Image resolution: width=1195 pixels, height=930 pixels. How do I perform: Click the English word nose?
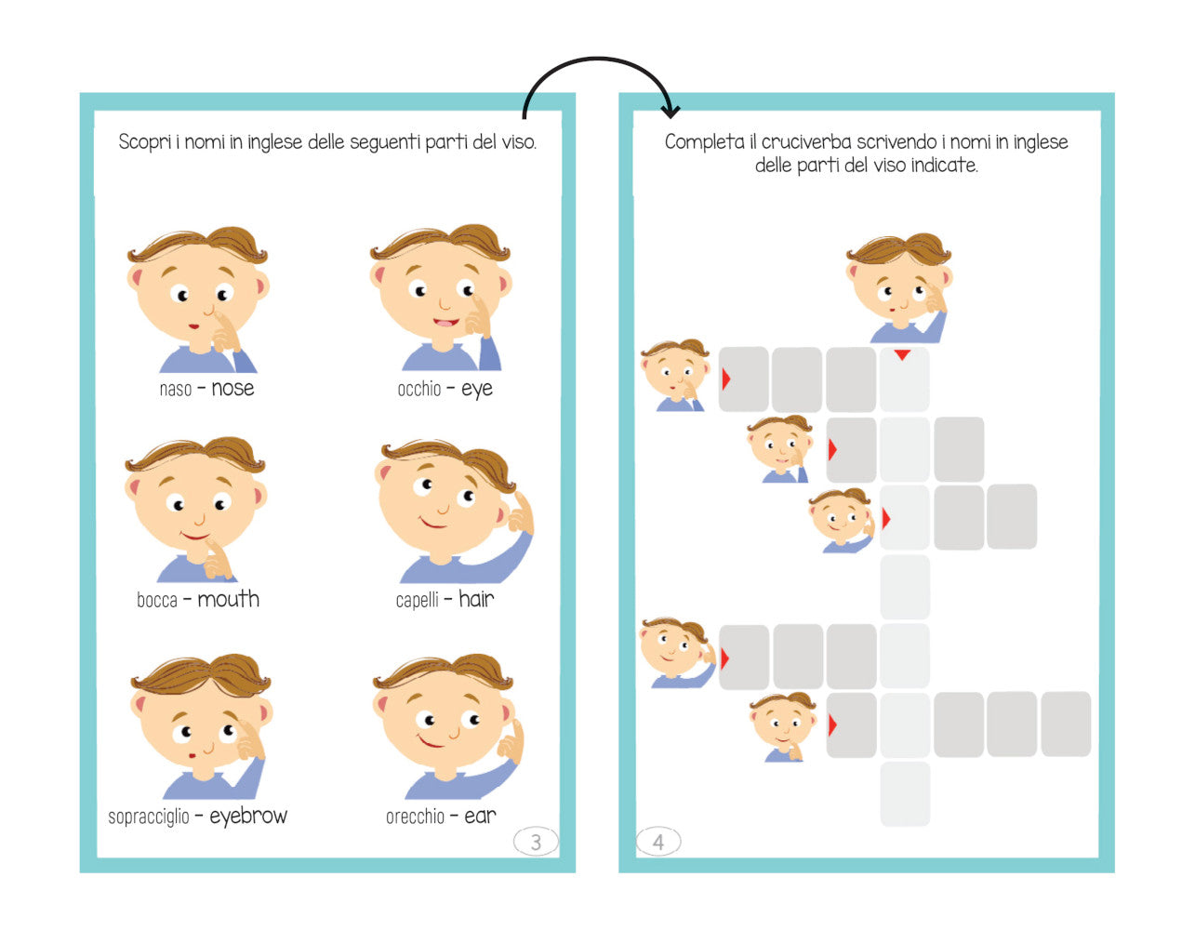point(232,389)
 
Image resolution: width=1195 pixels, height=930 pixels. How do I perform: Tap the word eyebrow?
point(248,816)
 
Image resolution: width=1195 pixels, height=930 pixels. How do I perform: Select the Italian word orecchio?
point(415,817)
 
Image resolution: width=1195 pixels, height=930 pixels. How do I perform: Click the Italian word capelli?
point(418,600)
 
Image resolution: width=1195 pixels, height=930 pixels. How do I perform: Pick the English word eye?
point(477,390)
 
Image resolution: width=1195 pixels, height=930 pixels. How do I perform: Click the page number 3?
point(536,842)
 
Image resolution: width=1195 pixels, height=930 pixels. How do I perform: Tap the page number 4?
point(657,842)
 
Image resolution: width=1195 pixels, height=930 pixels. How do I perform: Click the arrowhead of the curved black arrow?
point(671,112)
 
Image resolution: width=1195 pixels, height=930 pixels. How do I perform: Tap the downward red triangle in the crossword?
point(902,354)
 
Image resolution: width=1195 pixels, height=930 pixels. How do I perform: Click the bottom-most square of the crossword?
point(905,793)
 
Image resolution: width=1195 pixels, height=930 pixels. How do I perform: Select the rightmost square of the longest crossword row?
point(1066,724)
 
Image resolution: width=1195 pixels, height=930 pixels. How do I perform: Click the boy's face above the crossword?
point(899,287)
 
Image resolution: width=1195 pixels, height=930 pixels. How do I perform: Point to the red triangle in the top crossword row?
point(726,379)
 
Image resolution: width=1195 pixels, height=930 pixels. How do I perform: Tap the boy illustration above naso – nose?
point(198,299)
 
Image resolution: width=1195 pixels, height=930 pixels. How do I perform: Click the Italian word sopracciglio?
point(149,817)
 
